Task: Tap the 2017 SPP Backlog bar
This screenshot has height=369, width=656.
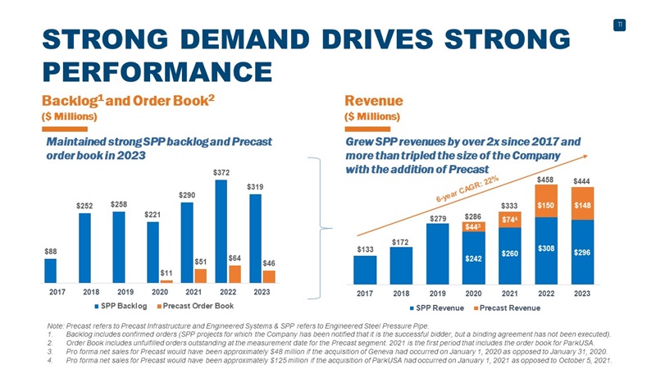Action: pyautogui.click(x=51, y=271)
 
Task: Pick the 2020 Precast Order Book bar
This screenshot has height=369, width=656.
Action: pyautogui.click(x=166, y=280)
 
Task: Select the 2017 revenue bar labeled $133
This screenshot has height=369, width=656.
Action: pyautogui.click(x=365, y=268)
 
